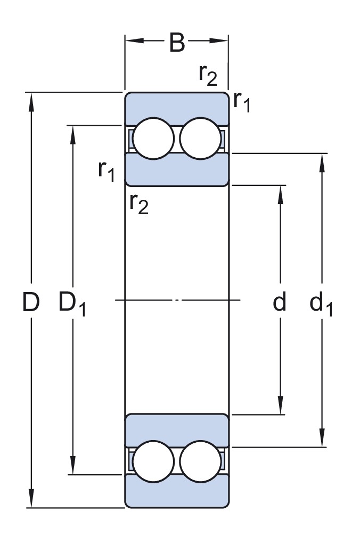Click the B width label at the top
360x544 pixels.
pyautogui.click(x=177, y=43)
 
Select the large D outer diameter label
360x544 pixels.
pyautogui.click(x=31, y=302)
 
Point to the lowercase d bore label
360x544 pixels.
pyautogui.click(x=280, y=302)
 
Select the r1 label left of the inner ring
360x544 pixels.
pyautogui.click(x=107, y=170)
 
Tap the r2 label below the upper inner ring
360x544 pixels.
pyautogui.click(x=138, y=204)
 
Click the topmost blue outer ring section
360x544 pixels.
pyautogui.click(x=177, y=107)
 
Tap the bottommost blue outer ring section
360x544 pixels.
pyautogui.click(x=177, y=493)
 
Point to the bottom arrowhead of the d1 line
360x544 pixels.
pyautogui.click(x=322, y=440)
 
